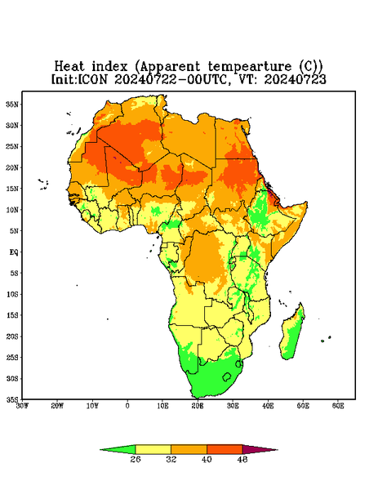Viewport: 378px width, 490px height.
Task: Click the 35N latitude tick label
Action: point(12,104)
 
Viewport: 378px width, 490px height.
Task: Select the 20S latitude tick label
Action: point(12,336)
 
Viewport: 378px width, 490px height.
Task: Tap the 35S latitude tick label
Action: point(12,399)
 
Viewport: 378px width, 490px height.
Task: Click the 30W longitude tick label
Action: point(22,406)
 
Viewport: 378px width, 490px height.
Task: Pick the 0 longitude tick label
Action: point(127,406)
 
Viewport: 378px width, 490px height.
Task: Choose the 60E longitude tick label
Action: point(338,406)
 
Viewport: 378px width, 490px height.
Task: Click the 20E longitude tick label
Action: point(198,406)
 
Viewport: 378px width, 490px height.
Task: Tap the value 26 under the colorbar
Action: point(136,459)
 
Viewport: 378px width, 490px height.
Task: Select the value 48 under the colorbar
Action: point(242,459)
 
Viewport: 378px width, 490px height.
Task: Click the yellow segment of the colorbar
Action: point(153,449)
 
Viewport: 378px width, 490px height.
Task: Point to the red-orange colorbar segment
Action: point(225,449)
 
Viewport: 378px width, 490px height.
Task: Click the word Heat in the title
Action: point(69,67)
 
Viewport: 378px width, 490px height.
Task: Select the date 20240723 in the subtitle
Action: point(296,79)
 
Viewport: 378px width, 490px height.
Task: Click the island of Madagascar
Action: point(292,334)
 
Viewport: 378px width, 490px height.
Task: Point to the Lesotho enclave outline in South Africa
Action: point(227,376)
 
